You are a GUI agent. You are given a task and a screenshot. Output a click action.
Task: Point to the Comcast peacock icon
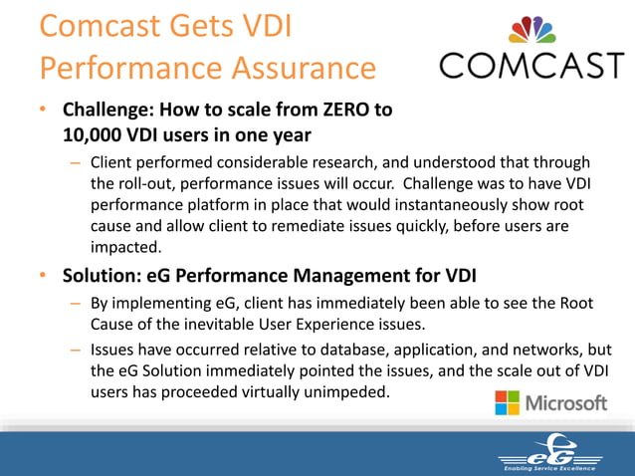click(x=532, y=29)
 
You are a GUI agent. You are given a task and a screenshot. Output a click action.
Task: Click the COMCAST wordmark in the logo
click(x=531, y=67)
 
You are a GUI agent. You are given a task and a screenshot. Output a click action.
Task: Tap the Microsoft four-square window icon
click(x=507, y=402)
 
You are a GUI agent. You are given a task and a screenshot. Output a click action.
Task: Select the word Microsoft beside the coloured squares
click(x=565, y=403)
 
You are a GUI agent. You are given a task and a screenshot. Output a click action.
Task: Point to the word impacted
click(x=124, y=248)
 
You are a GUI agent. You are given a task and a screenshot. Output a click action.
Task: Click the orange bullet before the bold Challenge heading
click(x=45, y=112)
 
